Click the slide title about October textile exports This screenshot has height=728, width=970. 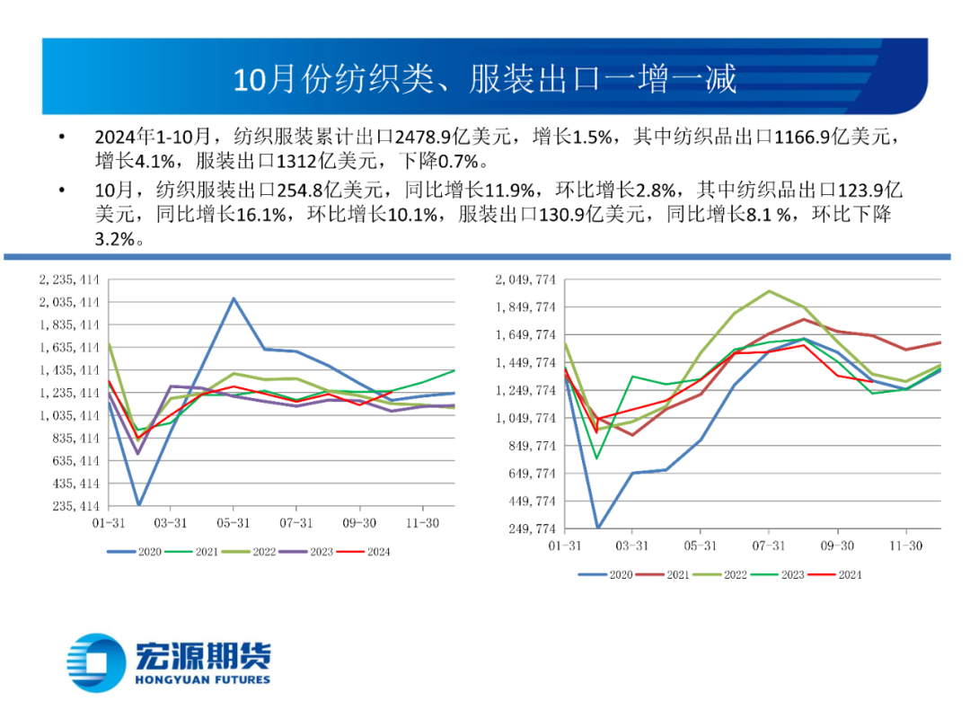485,79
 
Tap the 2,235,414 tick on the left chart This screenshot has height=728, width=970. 69,280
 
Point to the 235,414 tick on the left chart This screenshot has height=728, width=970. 74,506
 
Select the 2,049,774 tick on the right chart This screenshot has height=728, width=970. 525,280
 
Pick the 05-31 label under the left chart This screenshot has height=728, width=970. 234,522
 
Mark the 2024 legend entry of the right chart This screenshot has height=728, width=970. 836,574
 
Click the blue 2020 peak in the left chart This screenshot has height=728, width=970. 234,298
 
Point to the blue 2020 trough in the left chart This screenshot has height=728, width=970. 139,505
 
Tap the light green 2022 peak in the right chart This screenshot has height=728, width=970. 769,291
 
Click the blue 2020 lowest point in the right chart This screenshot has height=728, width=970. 598,528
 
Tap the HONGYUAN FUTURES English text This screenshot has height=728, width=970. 202,679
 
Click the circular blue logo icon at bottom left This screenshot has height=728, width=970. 98,663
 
